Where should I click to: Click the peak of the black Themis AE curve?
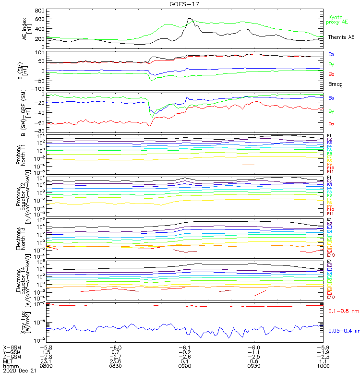(x=190, y=19)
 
